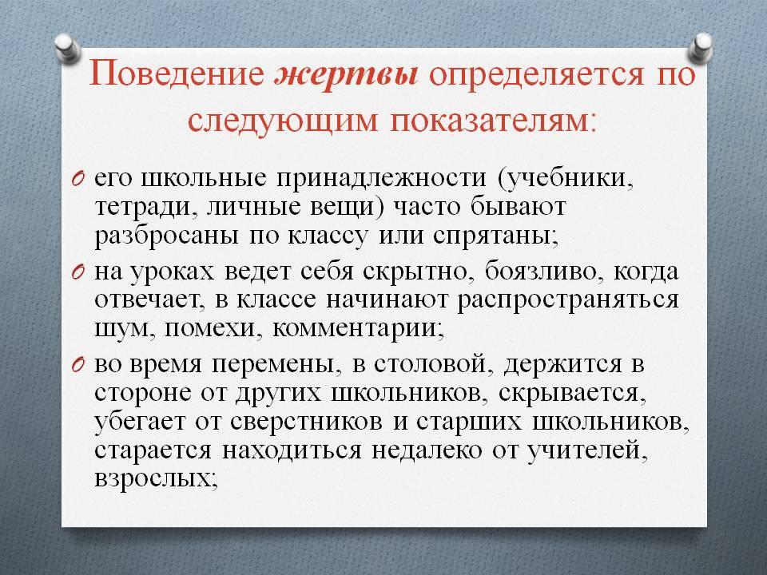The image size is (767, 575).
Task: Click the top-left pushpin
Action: [68, 49]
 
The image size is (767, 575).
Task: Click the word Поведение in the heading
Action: [177, 75]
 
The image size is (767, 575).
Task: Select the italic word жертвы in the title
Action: [347, 75]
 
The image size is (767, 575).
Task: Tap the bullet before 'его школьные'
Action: [79, 179]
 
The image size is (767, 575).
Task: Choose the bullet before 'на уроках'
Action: [79, 273]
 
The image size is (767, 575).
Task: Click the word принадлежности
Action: [382, 179]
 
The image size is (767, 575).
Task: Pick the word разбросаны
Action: [167, 236]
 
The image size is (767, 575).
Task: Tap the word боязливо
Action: [542, 272]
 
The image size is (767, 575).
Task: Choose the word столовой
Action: [430, 365]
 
